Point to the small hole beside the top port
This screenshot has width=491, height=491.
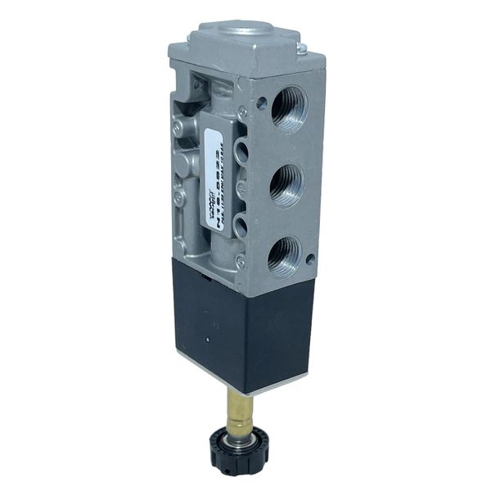261,105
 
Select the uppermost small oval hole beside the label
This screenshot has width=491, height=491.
241,149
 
